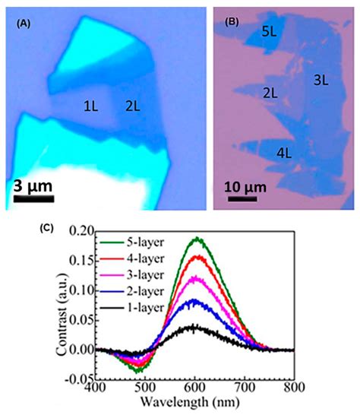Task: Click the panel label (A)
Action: coord(23,24)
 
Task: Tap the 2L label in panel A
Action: coord(134,109)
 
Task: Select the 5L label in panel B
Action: coord(268,32)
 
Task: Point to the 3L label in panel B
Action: coord(319,78)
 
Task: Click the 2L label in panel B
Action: coord(269,93)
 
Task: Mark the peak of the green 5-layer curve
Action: coord(198,239)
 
